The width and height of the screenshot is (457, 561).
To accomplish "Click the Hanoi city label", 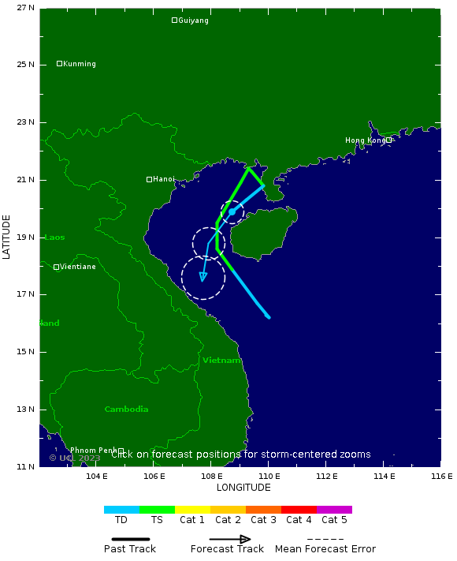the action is coord(164,179).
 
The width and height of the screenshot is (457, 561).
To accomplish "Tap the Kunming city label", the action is coord(79,64).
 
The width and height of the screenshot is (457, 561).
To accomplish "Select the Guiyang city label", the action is coord(193,21).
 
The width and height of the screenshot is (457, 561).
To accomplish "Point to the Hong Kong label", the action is coord(366,140).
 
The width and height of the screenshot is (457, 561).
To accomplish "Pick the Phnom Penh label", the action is coord(94,451).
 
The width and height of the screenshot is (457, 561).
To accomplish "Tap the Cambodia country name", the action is coord(126,409).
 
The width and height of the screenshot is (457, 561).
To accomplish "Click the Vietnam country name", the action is coord(221,360).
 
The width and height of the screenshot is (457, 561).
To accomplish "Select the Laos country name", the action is coord(54,237).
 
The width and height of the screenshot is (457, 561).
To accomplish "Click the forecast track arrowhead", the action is coord(203,277).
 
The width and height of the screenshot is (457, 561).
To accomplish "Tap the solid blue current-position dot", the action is coord(232,211).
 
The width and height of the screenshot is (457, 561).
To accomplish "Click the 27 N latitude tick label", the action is coord(26,8).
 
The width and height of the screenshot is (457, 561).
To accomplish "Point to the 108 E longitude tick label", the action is coord(211,476).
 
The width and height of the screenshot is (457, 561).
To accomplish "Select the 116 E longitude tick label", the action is coord(441,476).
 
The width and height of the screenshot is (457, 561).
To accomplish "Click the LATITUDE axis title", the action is coord(7,236).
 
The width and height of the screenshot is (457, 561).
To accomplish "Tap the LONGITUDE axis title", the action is coord(243,488).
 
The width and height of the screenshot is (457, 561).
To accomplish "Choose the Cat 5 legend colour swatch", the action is coord(334,510).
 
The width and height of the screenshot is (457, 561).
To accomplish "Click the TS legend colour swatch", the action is coord(158,510).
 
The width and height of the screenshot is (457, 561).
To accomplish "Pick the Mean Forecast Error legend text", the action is coord(325,549).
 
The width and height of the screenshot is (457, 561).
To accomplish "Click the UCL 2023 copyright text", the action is coord(75,458).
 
